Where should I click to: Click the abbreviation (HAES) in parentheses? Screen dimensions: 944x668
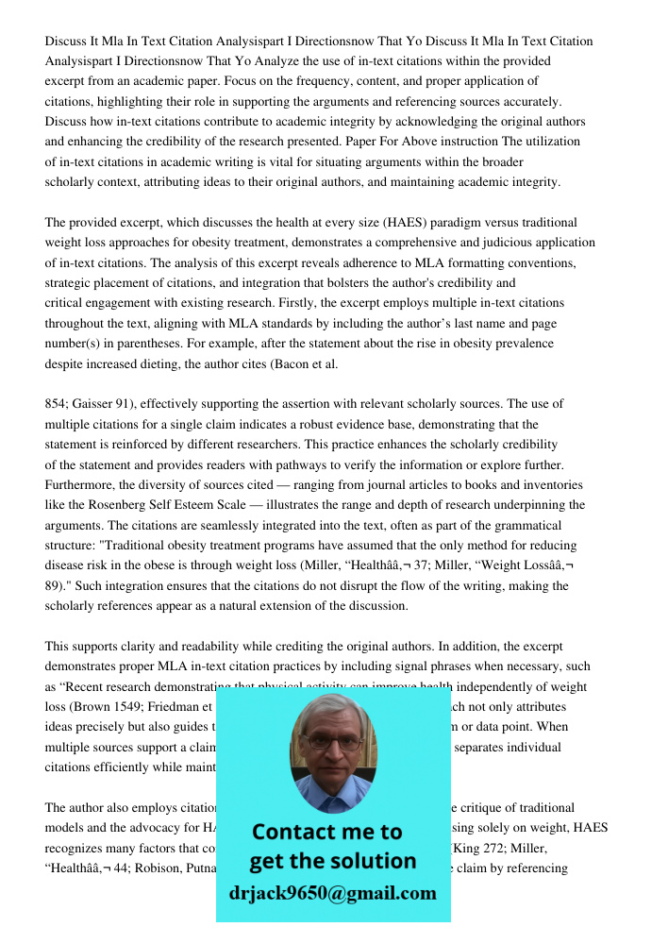(x=408, y=223)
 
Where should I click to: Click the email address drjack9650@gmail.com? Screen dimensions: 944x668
(x=332, y=893)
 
